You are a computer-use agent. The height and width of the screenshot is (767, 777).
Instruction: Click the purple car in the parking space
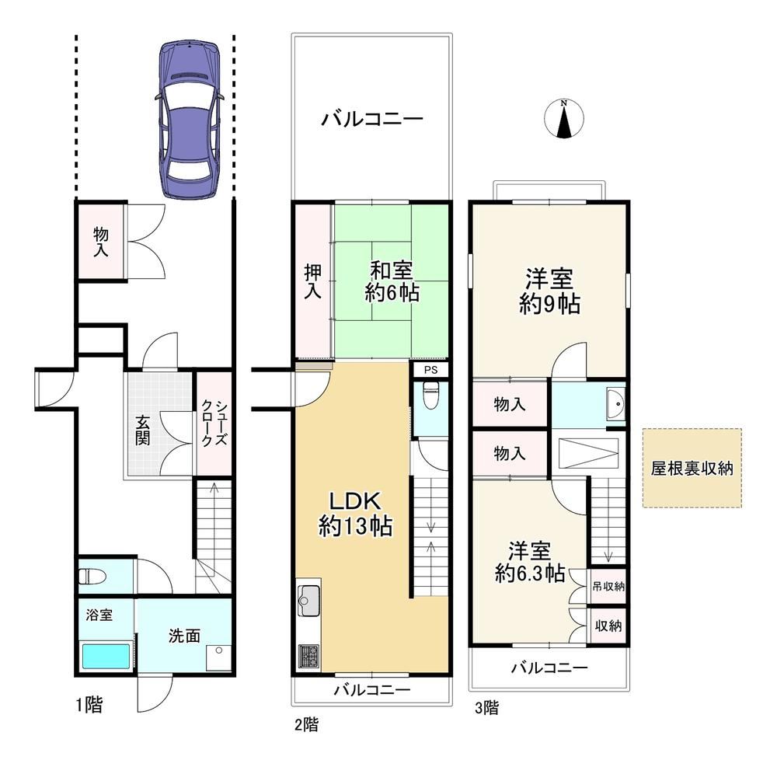[189, 120]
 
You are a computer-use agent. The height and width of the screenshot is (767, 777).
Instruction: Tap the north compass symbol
[564, 119]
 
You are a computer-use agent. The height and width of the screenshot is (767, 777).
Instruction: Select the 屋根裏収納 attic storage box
[692, 468]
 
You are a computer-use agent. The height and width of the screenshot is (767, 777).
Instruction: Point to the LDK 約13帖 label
[355, 514]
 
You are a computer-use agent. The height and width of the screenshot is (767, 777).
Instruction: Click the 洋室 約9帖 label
[549, 291]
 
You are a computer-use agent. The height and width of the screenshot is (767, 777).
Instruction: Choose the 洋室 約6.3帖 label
[530, 562]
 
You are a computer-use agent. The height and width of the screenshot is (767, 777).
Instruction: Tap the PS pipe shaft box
[430, 370]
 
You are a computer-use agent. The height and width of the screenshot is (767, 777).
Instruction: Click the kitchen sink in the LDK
[308, 601]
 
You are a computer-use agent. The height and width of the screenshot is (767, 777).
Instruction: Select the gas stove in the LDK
[308, 656]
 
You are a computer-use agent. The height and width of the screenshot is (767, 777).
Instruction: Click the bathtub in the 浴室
[106, 656]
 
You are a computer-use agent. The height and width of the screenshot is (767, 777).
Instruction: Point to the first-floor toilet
[92, 577]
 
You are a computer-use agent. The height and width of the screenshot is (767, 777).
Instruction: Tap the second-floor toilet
[430, 396]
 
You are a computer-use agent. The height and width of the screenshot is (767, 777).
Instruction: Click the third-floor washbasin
[615, 404]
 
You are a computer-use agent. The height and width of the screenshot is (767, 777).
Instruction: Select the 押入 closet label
[312, 281]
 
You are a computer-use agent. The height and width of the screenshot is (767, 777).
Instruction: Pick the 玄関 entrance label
[142, 430]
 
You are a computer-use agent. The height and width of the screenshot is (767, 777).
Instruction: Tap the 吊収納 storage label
[608, 586]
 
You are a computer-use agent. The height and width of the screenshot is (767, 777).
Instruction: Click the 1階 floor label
[89, 705]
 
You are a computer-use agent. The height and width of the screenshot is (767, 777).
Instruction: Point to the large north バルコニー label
[372, 119]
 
